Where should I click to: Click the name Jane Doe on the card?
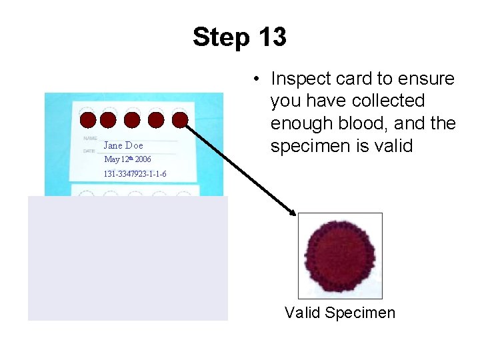tap(123, 145)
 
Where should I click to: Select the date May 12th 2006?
tap(127, 160)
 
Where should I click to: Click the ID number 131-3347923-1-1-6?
tap(135, 174)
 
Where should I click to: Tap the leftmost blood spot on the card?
tap(87, 120)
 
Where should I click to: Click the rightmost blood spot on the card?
tap(180, 120)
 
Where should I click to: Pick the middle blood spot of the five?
tap(132, 120)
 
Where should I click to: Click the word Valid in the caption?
tap(302, 312)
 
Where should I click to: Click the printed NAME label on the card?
tap(91, 138)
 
